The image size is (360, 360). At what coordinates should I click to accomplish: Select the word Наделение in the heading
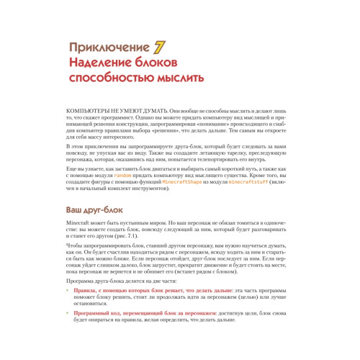(x=97, y=64)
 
